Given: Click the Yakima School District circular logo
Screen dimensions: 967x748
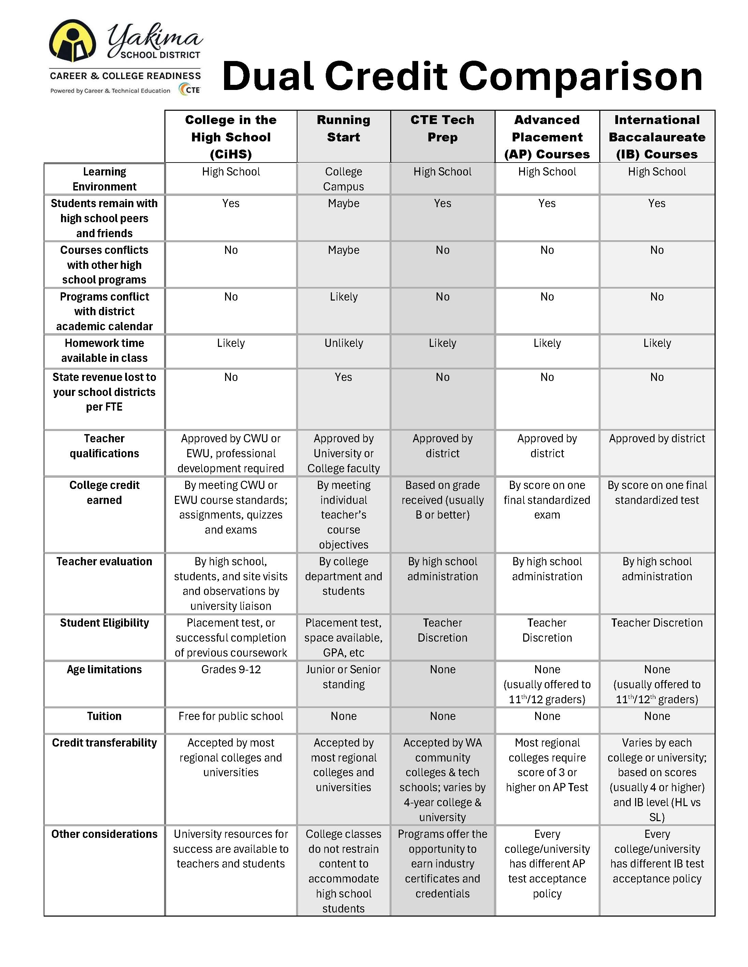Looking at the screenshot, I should coord(72,41).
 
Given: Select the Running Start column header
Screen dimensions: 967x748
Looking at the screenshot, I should coord(343,128).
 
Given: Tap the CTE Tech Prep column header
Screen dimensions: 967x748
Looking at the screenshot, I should coord(442,128).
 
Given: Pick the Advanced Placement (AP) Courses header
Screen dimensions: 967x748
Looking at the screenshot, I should coord(547,137).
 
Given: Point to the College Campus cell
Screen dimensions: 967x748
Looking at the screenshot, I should coord(343,179).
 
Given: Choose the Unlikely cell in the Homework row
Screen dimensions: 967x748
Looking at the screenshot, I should coord(343,343).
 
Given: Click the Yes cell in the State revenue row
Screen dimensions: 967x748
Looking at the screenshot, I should coord(343,377).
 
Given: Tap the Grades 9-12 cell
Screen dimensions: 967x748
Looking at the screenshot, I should coord(231,670).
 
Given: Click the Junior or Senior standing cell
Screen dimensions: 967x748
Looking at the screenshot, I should coord(343,677).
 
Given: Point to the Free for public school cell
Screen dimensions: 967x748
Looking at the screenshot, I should coord(231,716).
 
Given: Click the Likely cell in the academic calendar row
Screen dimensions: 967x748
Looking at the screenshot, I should coord(343,297).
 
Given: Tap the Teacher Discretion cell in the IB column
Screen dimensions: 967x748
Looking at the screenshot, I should coord(657,623).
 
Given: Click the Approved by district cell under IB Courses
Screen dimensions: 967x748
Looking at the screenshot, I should coord(657,438).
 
